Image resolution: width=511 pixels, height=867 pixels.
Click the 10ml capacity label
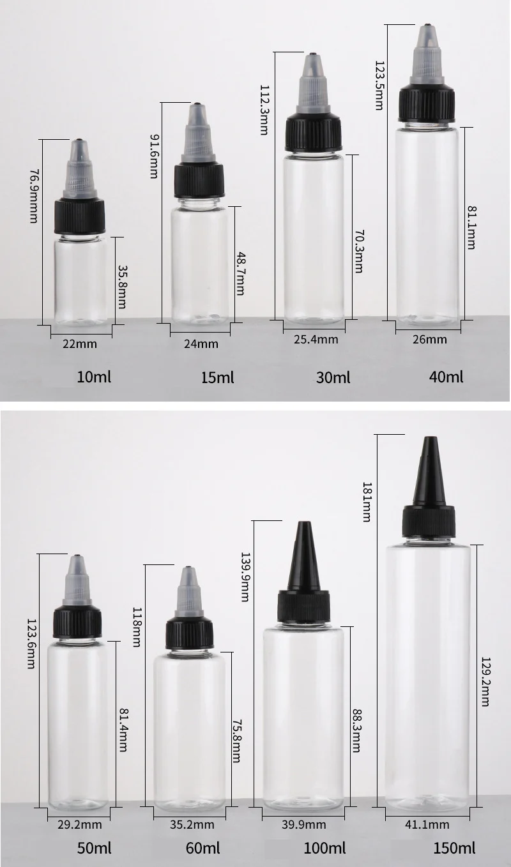coord(93,377)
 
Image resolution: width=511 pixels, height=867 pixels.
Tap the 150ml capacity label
coord(454,848)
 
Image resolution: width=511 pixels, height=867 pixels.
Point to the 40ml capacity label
coord(446,377)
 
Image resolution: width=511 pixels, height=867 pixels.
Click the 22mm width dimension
coord(79,344)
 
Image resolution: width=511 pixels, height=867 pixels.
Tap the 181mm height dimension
coord(365,501)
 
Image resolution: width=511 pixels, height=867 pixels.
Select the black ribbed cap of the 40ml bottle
coord(428,105)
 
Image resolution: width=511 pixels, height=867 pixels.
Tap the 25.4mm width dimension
coord(316,339)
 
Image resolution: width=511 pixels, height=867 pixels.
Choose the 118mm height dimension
coord(135,627)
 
